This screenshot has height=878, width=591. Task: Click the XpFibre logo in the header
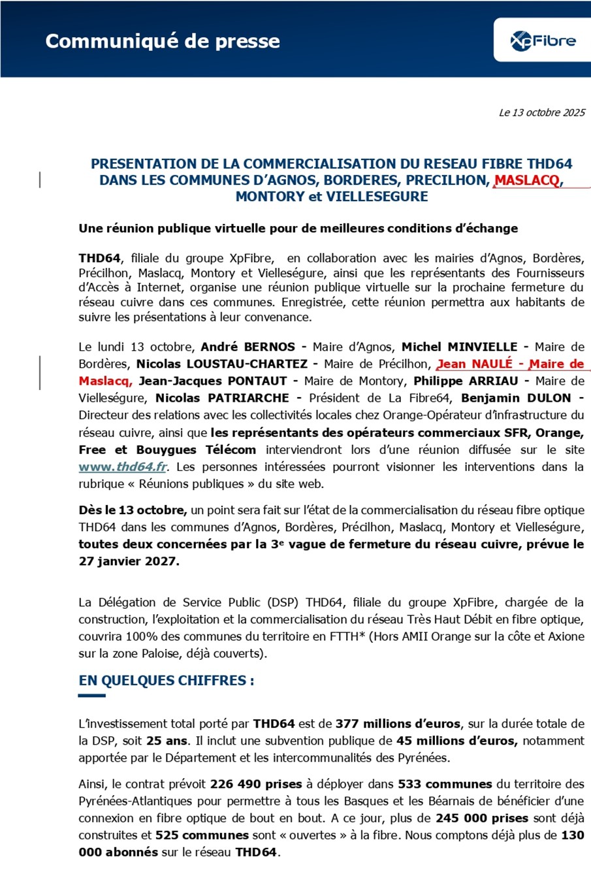coord(543,41)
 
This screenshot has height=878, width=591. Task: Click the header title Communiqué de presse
coord(163,41)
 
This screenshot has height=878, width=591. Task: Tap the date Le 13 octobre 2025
coord(542,112)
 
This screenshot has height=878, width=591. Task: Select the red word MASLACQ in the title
coord(527,180)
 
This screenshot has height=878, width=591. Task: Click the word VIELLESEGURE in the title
coord(377,197)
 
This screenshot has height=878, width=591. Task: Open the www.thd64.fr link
coord(123,467)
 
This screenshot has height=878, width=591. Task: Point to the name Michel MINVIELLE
coord(459,347)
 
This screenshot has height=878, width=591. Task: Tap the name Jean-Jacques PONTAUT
coord(213,381)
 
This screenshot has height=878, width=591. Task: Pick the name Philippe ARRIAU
coord(466,381)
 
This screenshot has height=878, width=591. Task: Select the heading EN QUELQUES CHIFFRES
coord(167,681)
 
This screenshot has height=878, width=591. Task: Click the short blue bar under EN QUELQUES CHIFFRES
coord(92,696)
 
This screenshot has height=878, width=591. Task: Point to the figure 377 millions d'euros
coord(398,724)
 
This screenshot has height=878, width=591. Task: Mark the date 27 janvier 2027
coord(129,561)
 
